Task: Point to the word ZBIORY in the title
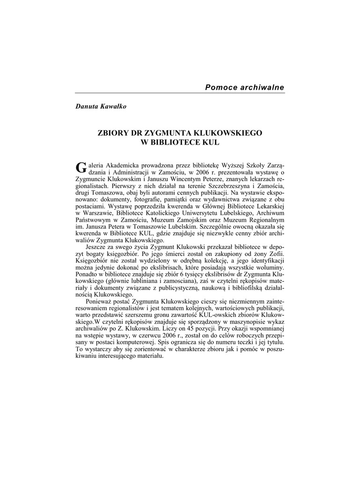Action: [x=112, y=133]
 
